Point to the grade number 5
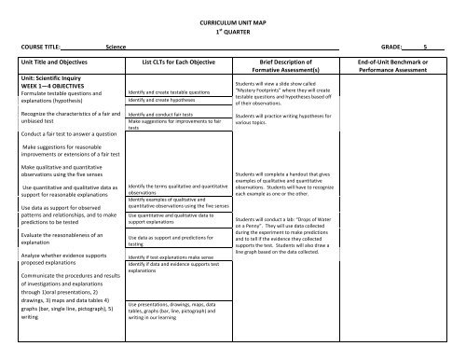pyautogui.click(x=426, y=44)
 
